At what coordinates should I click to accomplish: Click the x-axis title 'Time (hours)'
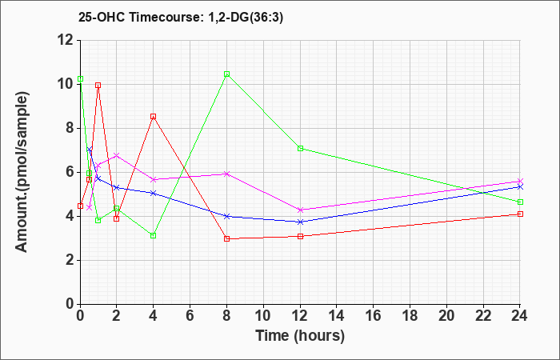tap(300, 336)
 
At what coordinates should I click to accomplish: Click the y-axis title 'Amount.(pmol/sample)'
tap(24, 172)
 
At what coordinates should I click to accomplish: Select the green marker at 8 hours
tap(227, 74)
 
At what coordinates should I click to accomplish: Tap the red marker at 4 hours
tap(153, 117)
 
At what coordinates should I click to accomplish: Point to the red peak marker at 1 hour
tap(98, 85)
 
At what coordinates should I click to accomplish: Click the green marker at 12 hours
tap(300, 148)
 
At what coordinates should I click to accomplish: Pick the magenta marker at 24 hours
tap(520, 181)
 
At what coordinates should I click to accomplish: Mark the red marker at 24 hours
tap(520, 214)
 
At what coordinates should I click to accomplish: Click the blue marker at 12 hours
tap(300, 222)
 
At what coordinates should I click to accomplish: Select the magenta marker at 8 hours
tap(227, 174)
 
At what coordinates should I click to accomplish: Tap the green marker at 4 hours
tap(153, 235)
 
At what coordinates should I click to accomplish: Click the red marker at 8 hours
tap(227, 238)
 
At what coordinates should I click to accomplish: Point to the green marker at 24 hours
tap(520, 202)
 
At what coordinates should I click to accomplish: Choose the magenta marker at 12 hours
tap(300, 210)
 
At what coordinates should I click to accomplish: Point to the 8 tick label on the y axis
tap(68, 128)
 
